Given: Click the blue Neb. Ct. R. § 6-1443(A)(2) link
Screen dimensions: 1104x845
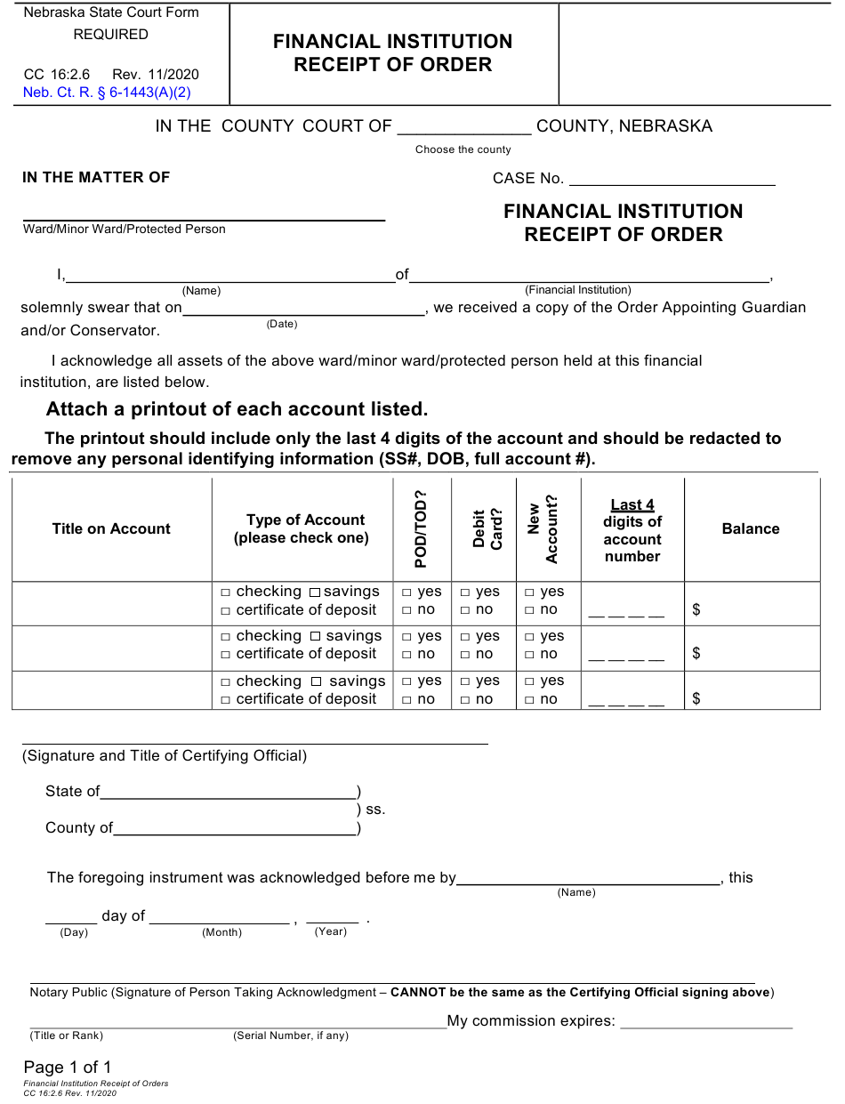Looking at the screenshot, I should tap(107, 92).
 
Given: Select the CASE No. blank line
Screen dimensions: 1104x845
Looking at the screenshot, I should tap(672, 178).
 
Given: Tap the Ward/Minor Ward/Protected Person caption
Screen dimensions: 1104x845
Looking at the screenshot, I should tap(125, 230).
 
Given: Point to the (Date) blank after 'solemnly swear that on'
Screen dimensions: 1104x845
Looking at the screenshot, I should tap(303, 309).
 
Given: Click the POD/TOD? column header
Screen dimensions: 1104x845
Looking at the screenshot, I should tap(422, 529).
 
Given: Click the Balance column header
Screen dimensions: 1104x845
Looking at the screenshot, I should tap(751, 528).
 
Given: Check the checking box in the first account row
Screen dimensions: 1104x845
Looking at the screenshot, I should tap(226, 592).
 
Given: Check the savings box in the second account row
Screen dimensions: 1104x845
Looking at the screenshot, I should tap(315, 637).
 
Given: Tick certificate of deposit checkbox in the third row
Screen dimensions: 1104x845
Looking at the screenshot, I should tap(226, 700).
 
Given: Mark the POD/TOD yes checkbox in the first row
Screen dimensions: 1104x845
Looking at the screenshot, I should tap(406, 592).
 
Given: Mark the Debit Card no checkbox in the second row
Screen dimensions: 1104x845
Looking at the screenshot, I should tap(465, 655).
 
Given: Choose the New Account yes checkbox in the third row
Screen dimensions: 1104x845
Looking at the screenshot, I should tap(529, 681).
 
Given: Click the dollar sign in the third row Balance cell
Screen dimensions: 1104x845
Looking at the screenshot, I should tap(696, 699).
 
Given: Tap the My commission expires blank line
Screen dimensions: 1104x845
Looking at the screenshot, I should tap(705, 1021).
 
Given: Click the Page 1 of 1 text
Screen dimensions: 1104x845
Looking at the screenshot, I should tap(68, 1068).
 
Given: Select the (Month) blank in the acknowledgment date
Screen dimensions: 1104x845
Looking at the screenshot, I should tap(220, 917).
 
